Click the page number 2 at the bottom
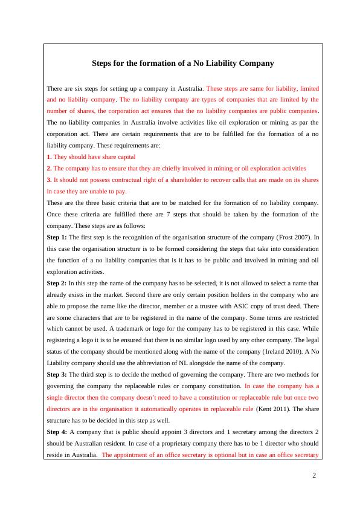[314, 475]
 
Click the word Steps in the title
[102, 63]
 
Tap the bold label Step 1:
[57, 238]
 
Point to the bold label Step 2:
[57, 283]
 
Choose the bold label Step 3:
[57, 374]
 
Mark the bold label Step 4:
[57, 432]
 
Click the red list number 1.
[49, 157]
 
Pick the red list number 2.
[49, 169]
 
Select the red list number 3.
[49, 180]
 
